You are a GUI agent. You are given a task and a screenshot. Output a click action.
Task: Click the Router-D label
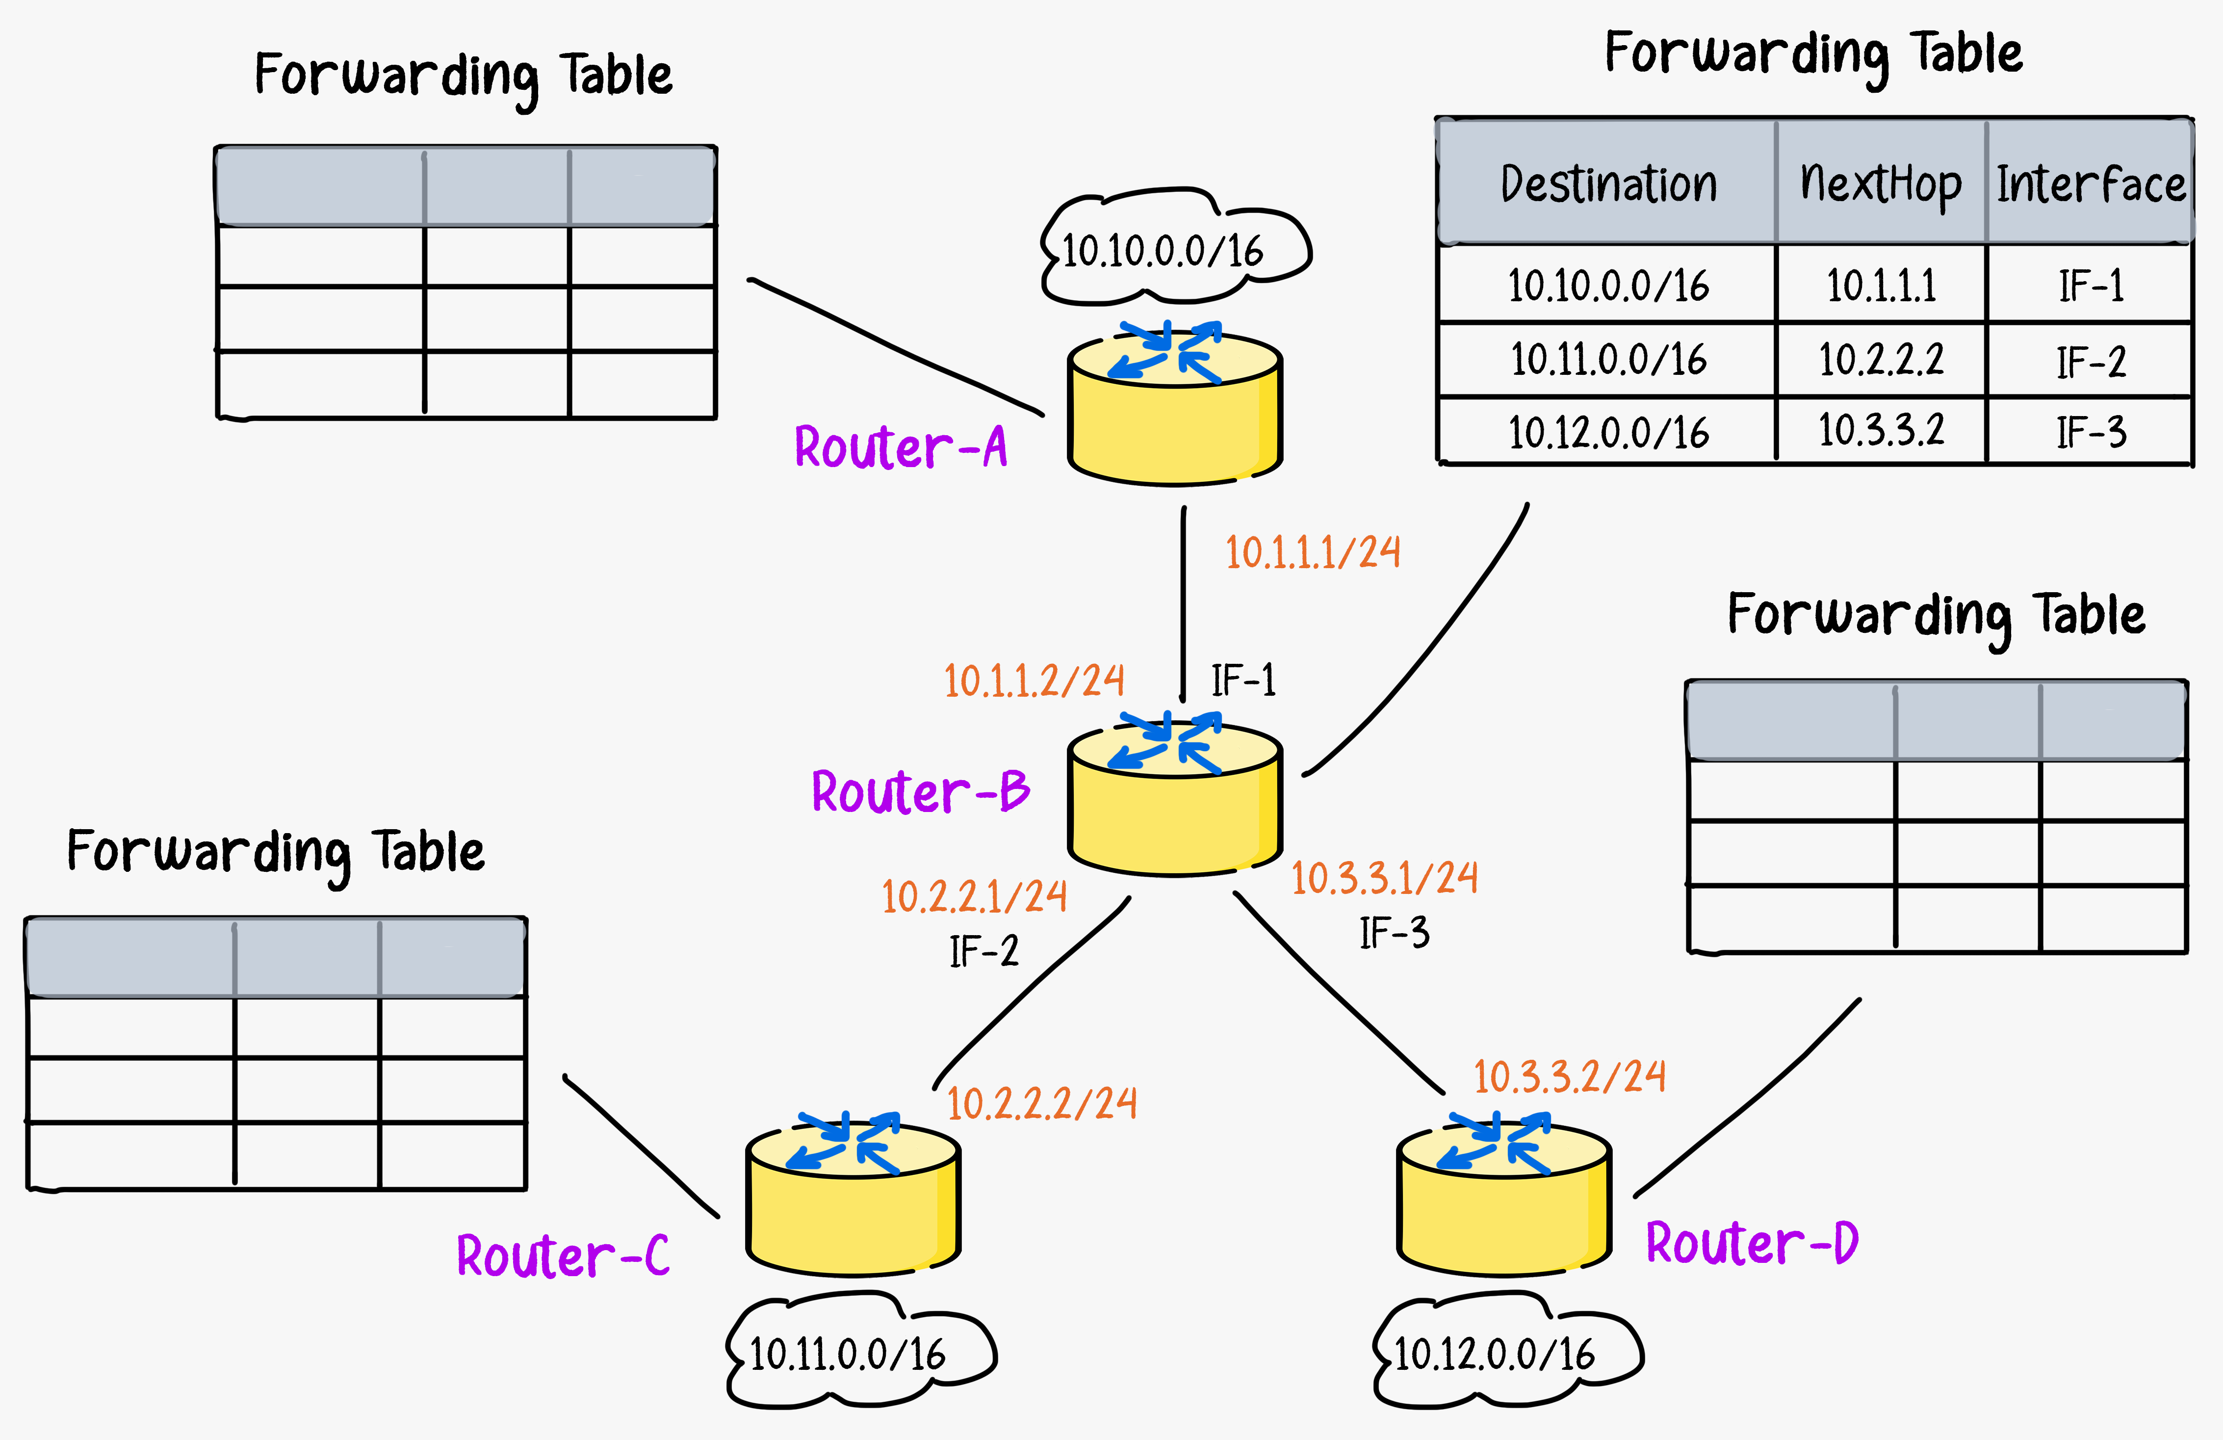pyautogui.click(x=1752, y=1243)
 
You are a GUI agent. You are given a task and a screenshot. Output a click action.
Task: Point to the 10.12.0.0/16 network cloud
pyautogui.click(x=1507, y=1350)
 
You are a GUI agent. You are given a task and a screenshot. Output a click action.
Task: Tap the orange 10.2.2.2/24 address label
pyautogui.click(x=1042, y=1103)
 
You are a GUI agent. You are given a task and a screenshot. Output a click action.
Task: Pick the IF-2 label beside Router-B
pyautogui.click(x=983, y=951)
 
